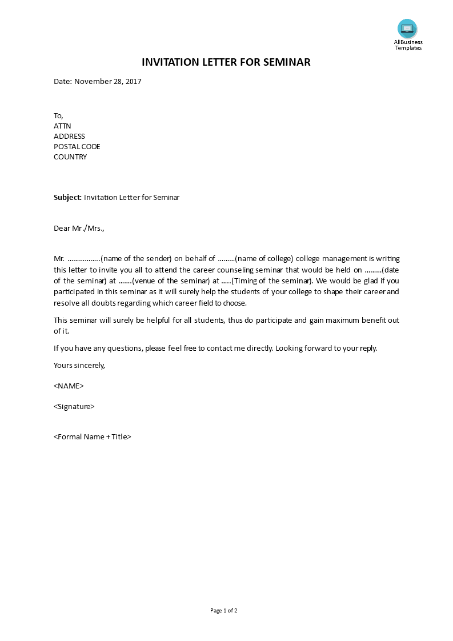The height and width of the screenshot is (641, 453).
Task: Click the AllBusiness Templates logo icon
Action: coord(407,29)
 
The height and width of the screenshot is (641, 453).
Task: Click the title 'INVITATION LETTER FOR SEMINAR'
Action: coord(226,62)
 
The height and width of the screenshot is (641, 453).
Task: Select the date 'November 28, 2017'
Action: coord(107,81)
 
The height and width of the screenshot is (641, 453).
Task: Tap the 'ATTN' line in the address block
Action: coord(62,126)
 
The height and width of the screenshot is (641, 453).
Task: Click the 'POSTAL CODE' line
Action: coord(77,146)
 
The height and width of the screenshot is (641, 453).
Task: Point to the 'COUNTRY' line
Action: coord(70,157)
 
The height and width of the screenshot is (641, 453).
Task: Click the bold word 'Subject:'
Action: coord(67,197)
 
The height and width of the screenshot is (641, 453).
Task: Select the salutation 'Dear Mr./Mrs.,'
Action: coord(79,228)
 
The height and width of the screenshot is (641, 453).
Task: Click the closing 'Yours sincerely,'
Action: coord(79,365)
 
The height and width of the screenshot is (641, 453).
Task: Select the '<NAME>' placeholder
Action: coord(69,386)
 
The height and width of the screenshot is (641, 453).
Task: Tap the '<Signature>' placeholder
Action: coord(74,406)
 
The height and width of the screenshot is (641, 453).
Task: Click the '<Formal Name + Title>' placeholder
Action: coord(93,436)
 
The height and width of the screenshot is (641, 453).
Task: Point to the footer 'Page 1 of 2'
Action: coord(223,610)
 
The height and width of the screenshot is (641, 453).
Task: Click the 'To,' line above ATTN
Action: coord(58,115)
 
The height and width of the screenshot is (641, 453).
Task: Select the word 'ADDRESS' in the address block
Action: coord(69,136)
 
